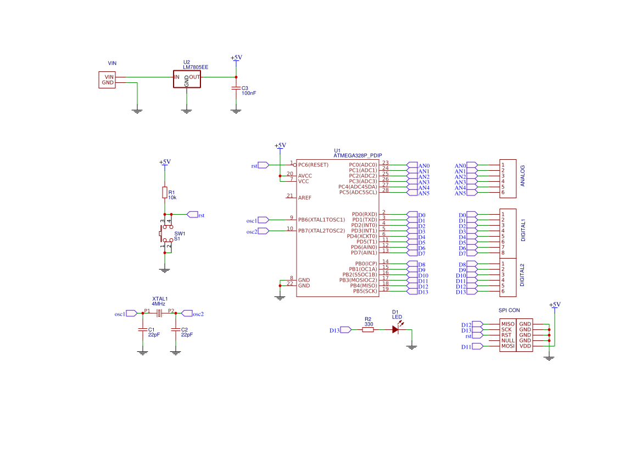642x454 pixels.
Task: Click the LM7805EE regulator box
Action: pyautogui.click(x=187, y=79)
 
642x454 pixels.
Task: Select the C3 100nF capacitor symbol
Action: pyautogui.click(x=236, y=88)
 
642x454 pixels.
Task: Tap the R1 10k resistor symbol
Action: pyautogui.click(x=165, y=192)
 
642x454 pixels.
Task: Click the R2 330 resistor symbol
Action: pyautogui.click(x=368, y=329)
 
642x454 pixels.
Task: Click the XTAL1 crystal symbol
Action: pyautogui.click(x=159, y=313)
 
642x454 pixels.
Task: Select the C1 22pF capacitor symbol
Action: pyautogui.click(x=142, y=329)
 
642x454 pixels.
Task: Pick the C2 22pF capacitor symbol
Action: pyautogui.click(x=176, y=329)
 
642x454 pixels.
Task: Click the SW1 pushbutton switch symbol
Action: pyautogui.click(x=166, y=233)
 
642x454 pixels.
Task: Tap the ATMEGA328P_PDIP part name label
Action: pyautogui.click(x=358, y=155)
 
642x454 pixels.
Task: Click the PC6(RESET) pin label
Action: pyautogui.click(x=313, y=165)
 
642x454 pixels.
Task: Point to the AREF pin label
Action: pyautogui.click(x=305, y=198)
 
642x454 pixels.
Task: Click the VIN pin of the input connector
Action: pyautogui.click(x=109, y=77)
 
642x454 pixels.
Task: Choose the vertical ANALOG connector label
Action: pyautogui.click(x=522, y=176)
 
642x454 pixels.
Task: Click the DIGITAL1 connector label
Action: pyautogui.click(x=523, y=230)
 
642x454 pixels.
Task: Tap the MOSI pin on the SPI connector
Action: pyautogui.click(x=507, y=346)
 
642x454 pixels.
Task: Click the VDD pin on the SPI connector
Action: pyautogui.click(x=525, y=346)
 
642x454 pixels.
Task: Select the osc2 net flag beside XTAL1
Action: pyautogui.click(x=192, y=313)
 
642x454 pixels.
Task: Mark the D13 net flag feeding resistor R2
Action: pyautogui.click(x=340, y=330)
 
